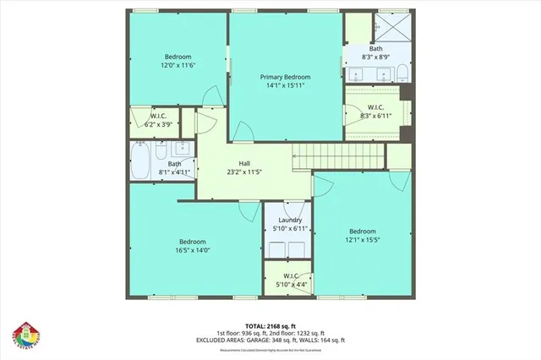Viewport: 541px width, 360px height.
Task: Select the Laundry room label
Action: (284, 221)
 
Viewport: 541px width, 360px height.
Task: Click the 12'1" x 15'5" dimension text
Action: (363, 241)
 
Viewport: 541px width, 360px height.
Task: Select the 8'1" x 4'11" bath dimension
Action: (174, 172)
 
